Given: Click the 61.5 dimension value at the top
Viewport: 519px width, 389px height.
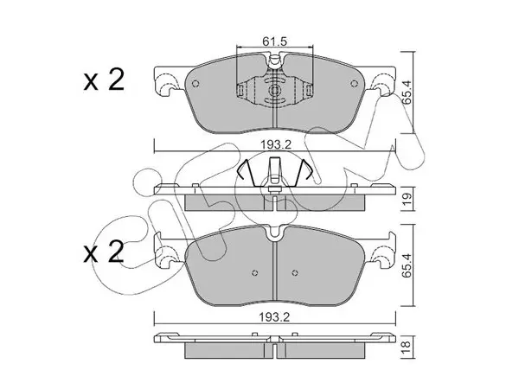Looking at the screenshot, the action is [x=274, y=41].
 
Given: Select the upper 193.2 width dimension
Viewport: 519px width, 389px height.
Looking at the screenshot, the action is [x=275, y=144].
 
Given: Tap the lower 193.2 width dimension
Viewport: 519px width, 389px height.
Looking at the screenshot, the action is [x=274, y=317].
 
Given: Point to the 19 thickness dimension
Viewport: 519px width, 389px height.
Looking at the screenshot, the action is [x=407, y=198].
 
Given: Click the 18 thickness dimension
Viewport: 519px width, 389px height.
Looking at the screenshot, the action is [x=407, y=346].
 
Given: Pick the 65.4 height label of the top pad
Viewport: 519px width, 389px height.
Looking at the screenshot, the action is [x=407, y=92].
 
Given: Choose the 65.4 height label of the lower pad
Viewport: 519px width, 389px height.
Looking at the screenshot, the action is [x=407, y=265].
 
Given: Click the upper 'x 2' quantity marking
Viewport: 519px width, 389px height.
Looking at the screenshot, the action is [x=104, y=80].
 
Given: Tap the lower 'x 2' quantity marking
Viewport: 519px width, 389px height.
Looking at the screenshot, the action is [x=104, y=252].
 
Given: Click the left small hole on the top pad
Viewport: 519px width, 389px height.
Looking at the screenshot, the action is [x=195, y=84].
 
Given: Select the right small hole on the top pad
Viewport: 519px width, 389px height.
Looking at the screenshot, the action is [x=354, y=84].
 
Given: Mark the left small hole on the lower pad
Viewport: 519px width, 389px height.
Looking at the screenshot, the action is [x=254, y=273].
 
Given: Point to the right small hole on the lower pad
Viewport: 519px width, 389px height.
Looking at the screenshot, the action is [x=295, y=273].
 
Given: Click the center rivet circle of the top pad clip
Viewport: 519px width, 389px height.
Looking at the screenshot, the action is [x=275, y=90].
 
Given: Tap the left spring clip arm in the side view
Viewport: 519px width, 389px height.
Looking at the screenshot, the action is [x=247, y=173].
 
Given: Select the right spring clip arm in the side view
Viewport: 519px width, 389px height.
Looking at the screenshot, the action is [x=303, y=172].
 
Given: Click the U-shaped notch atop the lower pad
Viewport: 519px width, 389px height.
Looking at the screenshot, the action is [x=275, y=233].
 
